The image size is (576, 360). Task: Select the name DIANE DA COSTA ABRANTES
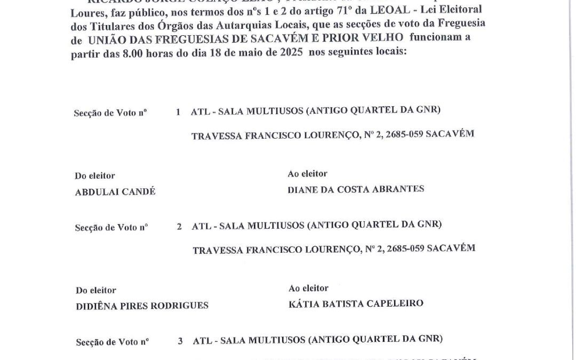click(x=356, y=188)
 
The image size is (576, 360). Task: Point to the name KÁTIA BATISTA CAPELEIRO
click(x=356, y=303)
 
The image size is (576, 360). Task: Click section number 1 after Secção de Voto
click(x=178, y=112)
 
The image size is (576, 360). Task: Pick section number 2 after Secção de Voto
click(x=180, y=226)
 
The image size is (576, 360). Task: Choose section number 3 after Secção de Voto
click(x=181, y=340)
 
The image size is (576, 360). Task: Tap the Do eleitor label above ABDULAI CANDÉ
click(x=95, y=175)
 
